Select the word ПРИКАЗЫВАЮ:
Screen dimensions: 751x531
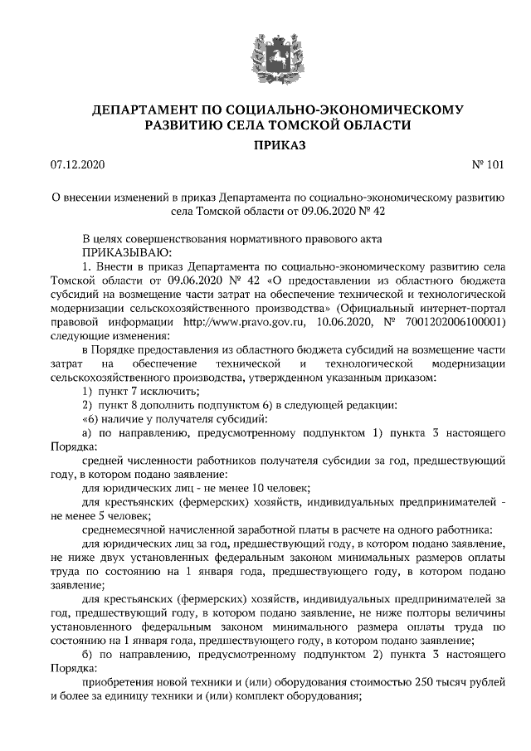click(x=126, y=251)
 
